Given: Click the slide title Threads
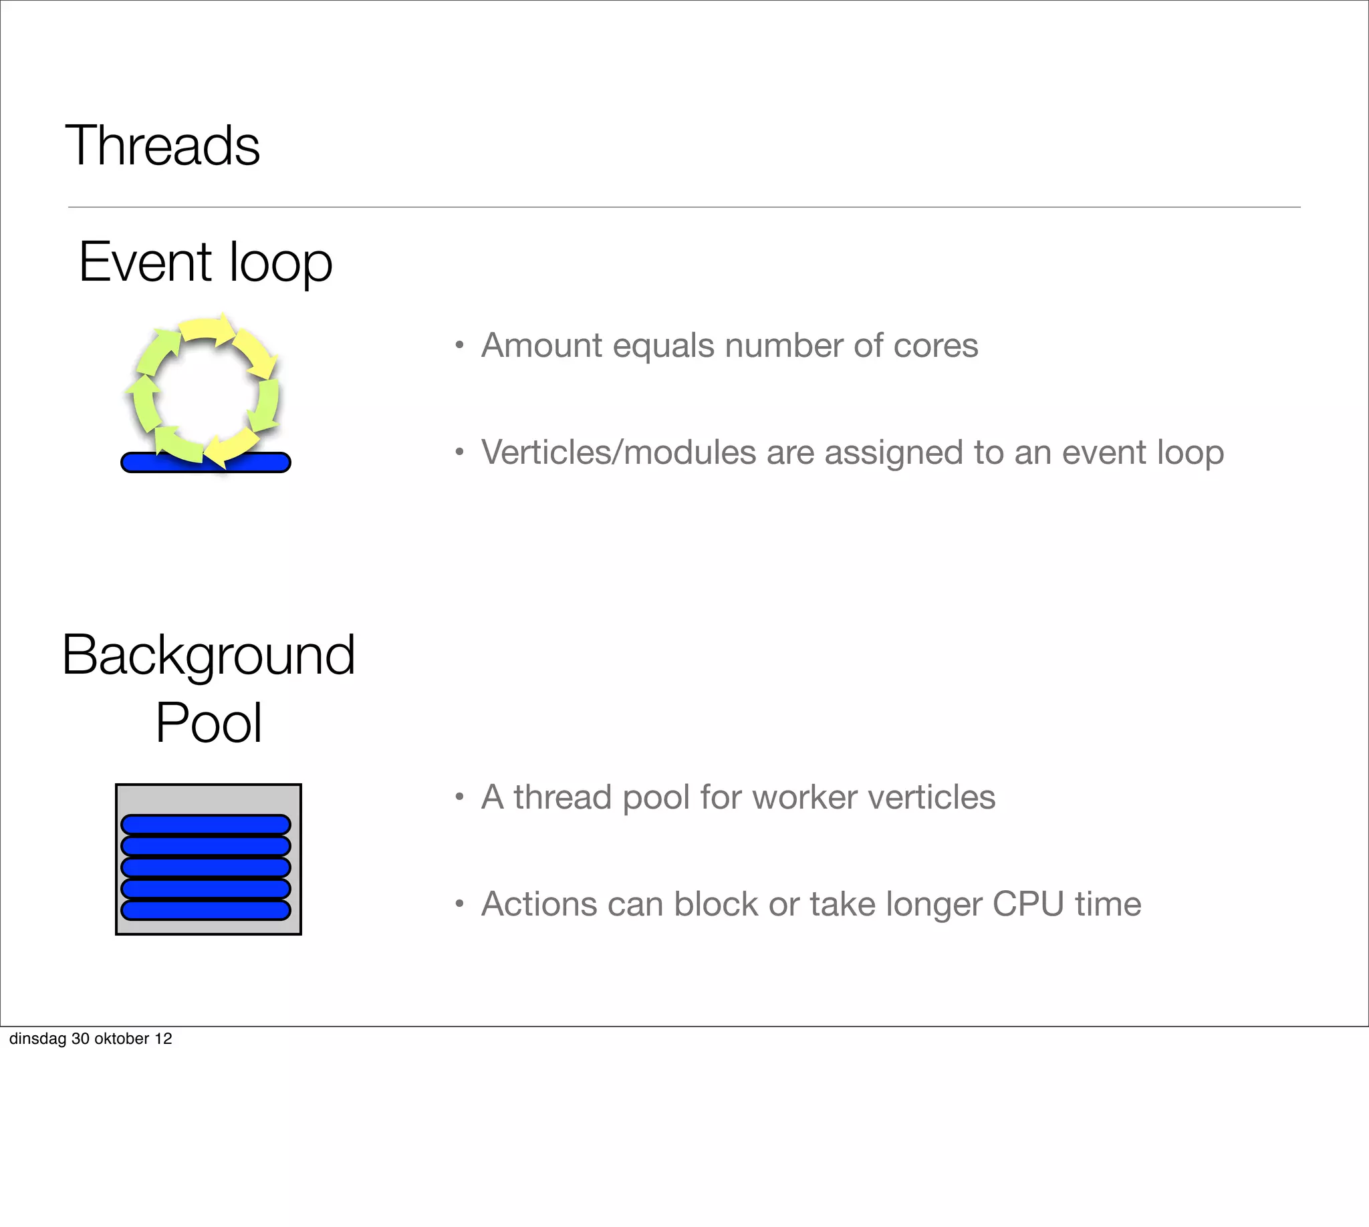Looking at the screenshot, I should [x=162, y=146].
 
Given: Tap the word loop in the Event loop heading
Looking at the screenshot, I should [x=281, y=264].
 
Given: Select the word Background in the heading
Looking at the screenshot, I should [x=208, y=656].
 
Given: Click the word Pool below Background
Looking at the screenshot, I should [x=209, y=723].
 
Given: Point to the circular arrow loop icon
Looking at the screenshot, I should [x=203, y=390].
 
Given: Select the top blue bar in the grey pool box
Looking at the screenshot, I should [x=206, y=825].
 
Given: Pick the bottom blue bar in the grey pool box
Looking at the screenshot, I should [x=206, y=910].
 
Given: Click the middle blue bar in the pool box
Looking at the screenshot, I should [x=206, y=867].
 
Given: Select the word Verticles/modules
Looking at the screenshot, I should [x=618, y=452].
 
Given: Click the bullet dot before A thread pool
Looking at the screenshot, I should [x=459, y=797].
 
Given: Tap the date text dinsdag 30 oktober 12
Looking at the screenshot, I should [x=90, y=1039].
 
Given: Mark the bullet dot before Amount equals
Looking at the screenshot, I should [x=459, y=346].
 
